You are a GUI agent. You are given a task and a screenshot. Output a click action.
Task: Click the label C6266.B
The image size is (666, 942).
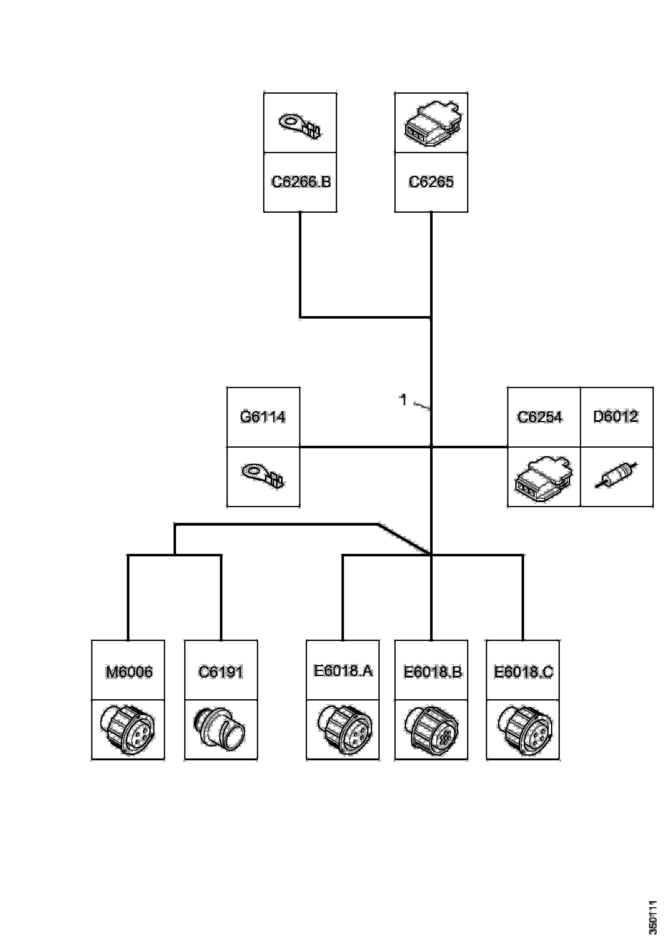tap(301, 182)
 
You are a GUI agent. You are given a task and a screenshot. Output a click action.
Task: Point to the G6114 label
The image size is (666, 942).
tap(263, 417)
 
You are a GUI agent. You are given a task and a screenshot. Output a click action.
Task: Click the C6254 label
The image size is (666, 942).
tap(540, 417)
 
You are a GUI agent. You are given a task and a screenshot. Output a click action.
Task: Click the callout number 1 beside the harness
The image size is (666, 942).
tap(403, 400)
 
